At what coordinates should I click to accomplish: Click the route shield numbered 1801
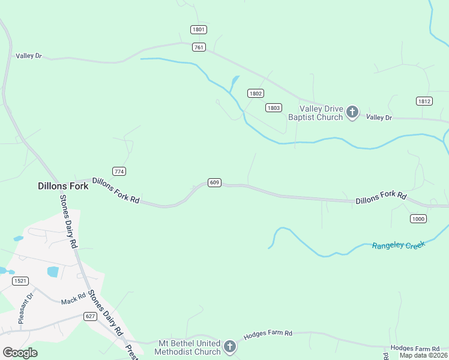pyautogui.click(x=199, y=29)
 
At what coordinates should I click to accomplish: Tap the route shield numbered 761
pyautogui.click(x=199, y=47)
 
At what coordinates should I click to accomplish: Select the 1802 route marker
pyautogui.click(x=256, y=93)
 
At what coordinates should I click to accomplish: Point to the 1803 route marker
pyautogui.click(x=274, y=107)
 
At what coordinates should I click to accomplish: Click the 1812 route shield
pyautogui.click(x=424, y=101)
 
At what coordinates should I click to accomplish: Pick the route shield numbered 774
pyautogui.click(x=119, y=172)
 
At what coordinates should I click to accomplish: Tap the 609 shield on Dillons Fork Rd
pyautogui.click(x=214, y=182)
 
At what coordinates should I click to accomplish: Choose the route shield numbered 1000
pyautogui.click(x=418, y=219)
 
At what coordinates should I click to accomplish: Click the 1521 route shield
pyautogui.click(x=20, y=281)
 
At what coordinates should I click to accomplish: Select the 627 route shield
pyautogui.click(x=91, y=316)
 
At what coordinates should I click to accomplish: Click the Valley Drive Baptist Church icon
pyautogui.click(x=352, y=112)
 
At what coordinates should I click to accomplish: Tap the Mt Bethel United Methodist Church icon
pyautogui.click(x=229, y=346)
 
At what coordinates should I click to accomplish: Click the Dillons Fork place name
pyautogui.click(x=63, y=186)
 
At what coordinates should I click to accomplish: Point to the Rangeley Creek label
pyautogui.click(x=399, y=245)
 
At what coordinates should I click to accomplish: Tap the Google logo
pyautogui.click(x=20, y=353)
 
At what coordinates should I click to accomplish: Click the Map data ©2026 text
pyautogui.click(x=424, y=356)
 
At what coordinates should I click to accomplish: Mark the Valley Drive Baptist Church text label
pyautogui.click(x=315, y=113)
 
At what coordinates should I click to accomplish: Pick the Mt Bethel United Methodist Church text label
pyautogui.click(x=188, y=347)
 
